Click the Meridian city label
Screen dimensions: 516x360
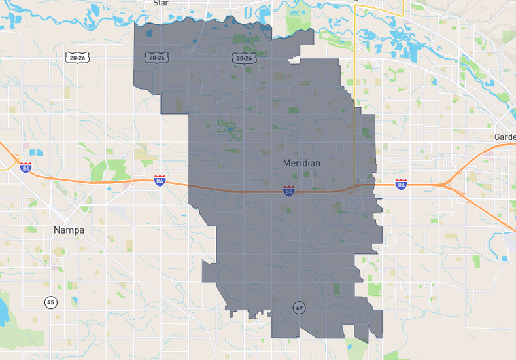[x=301, y=162]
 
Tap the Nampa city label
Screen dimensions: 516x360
[x=69, y=230]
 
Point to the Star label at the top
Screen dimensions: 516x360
[x=161, y=3]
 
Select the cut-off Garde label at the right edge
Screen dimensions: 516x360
[x=505, y=137]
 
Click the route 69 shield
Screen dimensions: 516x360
[x=299, y=307]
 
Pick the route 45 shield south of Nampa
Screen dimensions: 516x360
[x=51, y=302]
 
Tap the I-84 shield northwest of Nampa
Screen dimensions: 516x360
[x=26, y=168]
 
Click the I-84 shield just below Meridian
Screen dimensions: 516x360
[x=288, y=190]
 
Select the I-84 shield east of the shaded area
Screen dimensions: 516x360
[x=400, y=185]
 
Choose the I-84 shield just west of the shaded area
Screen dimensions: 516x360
[x=160, y=180]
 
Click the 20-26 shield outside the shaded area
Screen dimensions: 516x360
[x=77, y=58]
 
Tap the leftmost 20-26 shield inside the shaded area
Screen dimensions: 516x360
[x=156, y=58]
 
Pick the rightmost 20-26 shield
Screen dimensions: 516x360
[x=243, y=58]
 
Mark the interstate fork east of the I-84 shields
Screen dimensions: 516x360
[x=445, y=185]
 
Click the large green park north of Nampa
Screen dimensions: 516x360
[x=108, y=170]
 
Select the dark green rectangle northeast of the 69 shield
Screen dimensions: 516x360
[x=336, y=288]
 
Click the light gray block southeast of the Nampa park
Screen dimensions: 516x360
[x=118, y=211]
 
